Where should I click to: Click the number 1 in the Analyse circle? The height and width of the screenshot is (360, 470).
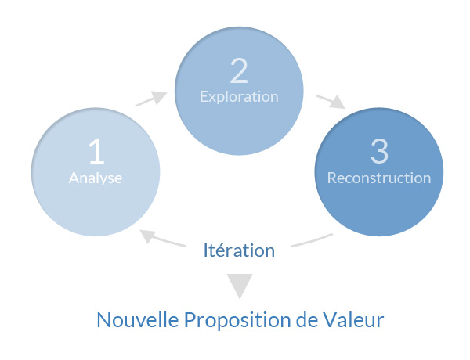click(x=96, y=151)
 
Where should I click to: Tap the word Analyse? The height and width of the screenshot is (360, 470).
click(x=96, y=178)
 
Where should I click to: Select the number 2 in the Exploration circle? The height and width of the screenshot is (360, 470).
click(x=239, y=70)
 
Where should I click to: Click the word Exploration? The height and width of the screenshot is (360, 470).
click(x=239, y=97)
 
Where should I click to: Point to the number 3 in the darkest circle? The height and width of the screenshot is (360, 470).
click(x=379, y=151)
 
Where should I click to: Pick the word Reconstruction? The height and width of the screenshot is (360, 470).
click(x=379, y=178)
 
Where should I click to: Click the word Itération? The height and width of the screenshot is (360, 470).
click(x=239, y=250)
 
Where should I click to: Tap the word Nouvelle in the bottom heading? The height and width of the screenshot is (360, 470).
click(x=138, y=320)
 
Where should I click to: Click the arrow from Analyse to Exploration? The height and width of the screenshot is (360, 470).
click(x=151, y=99)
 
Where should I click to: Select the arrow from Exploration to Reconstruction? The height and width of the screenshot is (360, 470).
click(x=331, y=102)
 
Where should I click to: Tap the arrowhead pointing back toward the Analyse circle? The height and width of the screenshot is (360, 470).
click(x=148, y=236)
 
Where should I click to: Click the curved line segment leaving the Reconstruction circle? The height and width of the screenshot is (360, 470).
click(x=312, y=240)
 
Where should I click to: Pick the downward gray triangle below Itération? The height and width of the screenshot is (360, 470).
click(x=240, y=285)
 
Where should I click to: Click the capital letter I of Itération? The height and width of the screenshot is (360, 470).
click(x=205, y=250)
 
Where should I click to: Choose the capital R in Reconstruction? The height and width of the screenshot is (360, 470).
click(x=332, y=178)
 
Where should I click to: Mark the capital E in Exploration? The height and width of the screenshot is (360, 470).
click(x=204, y=97)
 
